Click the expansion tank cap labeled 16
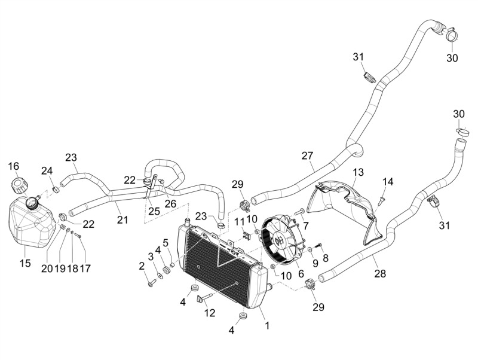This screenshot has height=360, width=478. [18, 186]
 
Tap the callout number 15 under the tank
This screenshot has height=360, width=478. [25, 263]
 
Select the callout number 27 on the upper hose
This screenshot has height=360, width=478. [307, 155]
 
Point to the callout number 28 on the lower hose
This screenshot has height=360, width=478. [380, 273]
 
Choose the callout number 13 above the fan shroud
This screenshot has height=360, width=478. [358, 172]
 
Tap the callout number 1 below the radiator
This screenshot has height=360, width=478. [267, 326]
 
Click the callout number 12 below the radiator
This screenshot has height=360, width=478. [210, 313]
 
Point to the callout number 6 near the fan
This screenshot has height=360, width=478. [301, 274]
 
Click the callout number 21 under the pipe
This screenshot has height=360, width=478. [122, 219]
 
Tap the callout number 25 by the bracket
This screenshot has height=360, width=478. [154, 211]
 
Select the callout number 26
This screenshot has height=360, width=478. [170, 203]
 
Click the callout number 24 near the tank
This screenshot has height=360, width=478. [47, 170]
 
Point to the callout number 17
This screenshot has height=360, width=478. [85, 269]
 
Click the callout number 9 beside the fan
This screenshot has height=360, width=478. [315, 263]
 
